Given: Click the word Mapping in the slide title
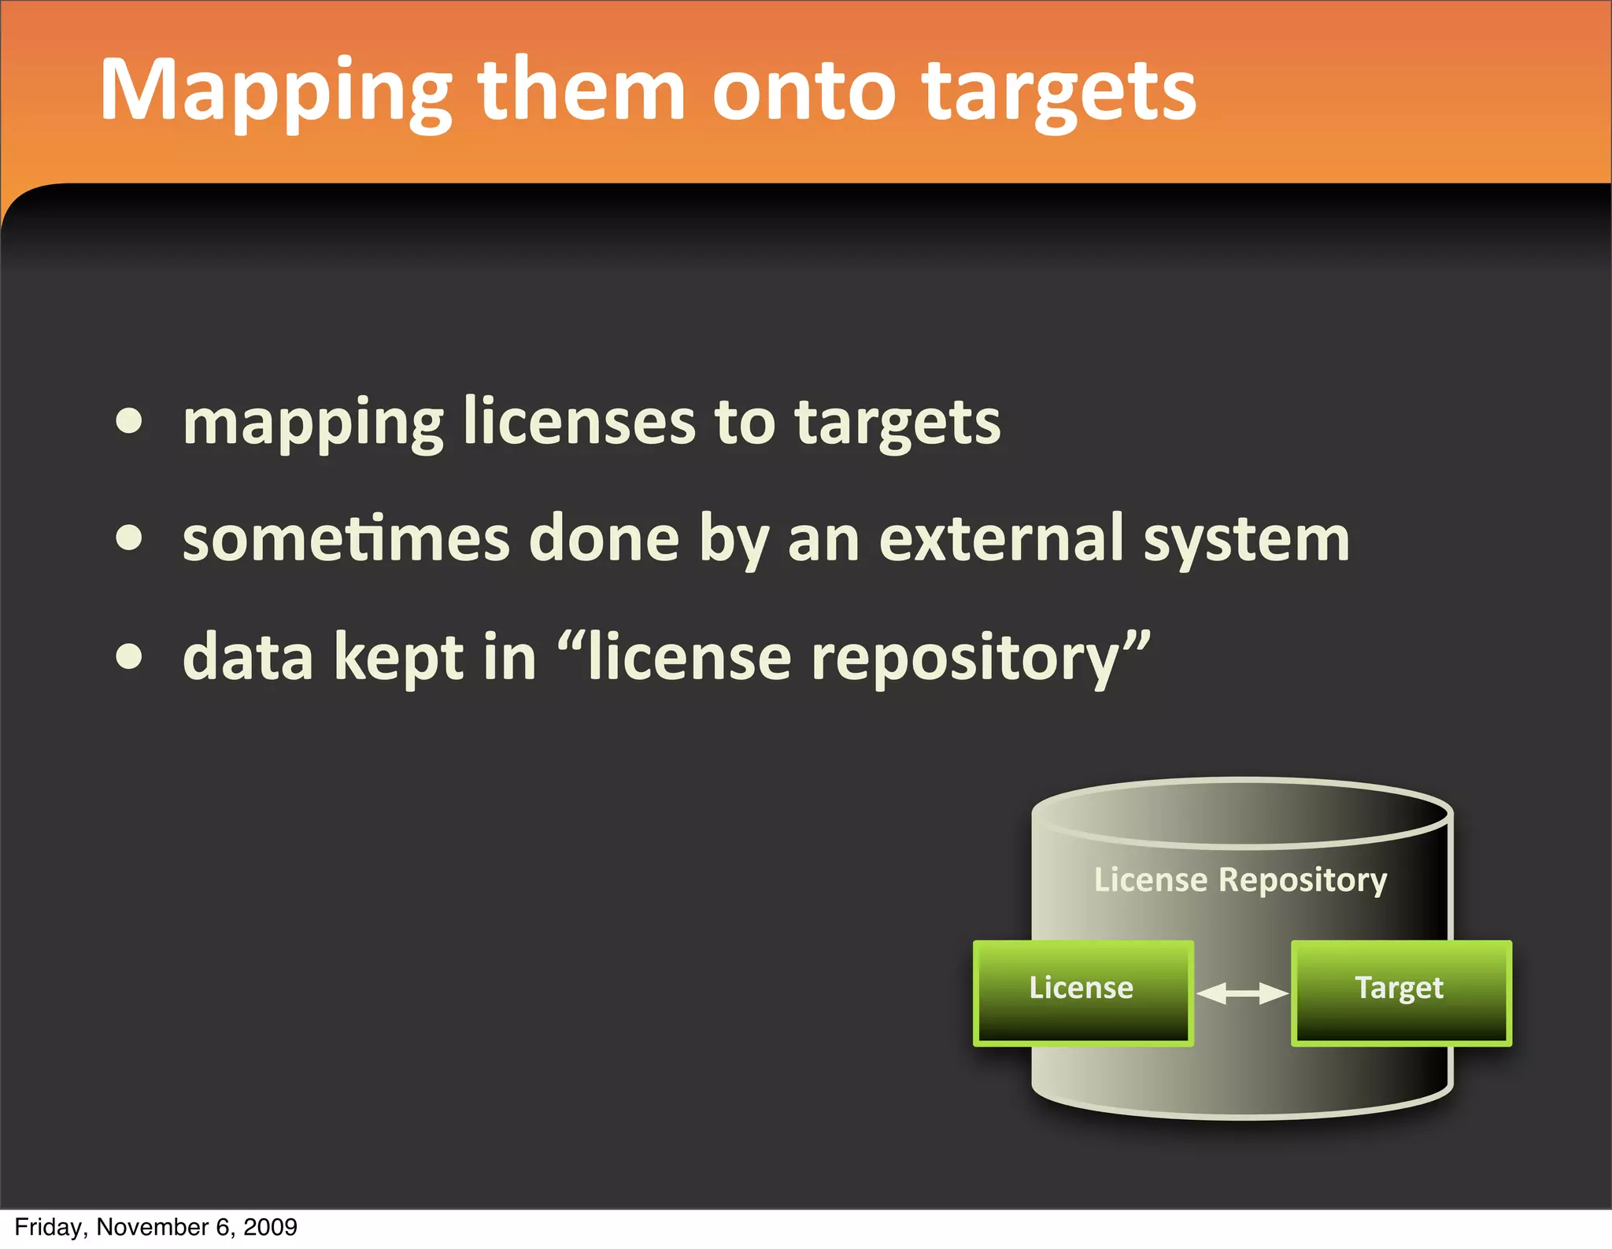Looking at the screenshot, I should click(x=275, y=93).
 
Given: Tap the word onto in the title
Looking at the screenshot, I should click(x=803, y=93).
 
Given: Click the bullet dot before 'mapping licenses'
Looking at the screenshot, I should click(x=129, y=422).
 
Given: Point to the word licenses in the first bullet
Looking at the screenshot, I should click(x=579, y=422).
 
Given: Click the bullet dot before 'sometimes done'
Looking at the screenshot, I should click(x=129, y=539).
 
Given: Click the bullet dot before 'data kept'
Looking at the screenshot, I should click(x=129, y=657).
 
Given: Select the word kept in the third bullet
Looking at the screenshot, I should click(x=398, y=660).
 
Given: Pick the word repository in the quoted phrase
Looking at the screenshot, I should click(x=964, y=660).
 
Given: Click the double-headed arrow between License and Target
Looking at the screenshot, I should click(x=1242, y=993).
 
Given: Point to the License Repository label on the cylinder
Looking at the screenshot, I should click(x=1240, y=880).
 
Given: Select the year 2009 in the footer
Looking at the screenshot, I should click(x=271, y=1227).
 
